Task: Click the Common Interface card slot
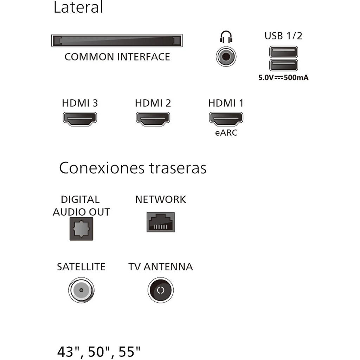[x=117, y=41]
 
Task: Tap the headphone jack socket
[x=226, y=57]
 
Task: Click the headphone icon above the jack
[x=226, y=37]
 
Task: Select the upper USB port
[x=284, y=52]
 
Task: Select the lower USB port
[x=284, y=65]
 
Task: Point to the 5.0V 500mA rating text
[x=284, y=78]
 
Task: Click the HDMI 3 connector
[x=80, y=119]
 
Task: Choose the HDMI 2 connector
[x=153, y=119]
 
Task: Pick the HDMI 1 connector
[x=226, y=119]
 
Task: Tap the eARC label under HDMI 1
[x=226, y=133]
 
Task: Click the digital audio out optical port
[x=81, y=229]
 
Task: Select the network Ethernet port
[x=161, y=222]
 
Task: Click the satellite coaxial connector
[x=81, y=290]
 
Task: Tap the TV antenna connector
[x=161, y=290]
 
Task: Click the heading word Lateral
[x=78, y=7]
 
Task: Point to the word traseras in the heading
[x=178, y=168]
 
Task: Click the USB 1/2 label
[x=283, y=36]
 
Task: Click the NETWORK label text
[x=161, y=200]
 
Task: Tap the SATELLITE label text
[x=81, y=267]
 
